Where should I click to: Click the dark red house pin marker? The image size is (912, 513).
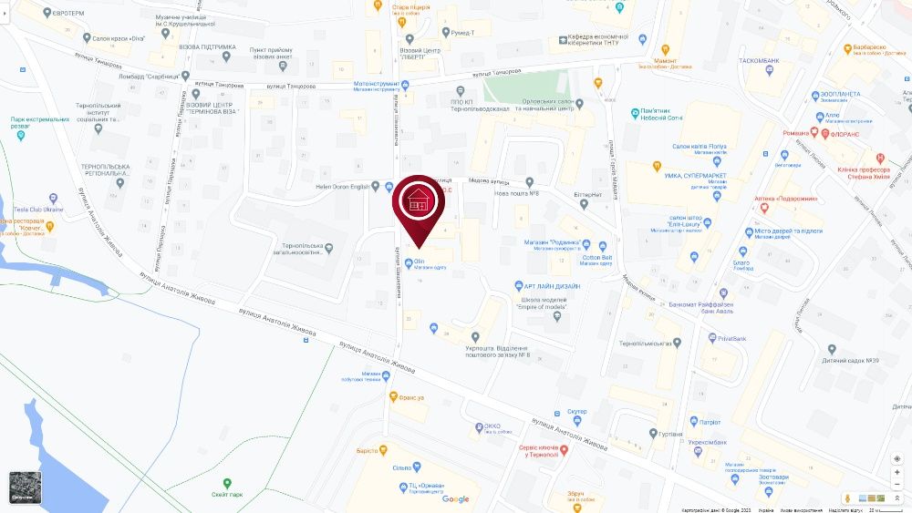click(420, 202)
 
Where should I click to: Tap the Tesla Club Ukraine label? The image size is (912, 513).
click(38, 210)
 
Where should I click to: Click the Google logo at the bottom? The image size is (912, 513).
click(456, 498)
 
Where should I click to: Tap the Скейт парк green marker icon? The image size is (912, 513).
click(227, 483)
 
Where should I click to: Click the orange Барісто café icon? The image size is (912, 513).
click(384, 450)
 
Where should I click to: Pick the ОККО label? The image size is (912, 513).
click(492, 426)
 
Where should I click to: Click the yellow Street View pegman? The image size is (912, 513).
click(849, 498)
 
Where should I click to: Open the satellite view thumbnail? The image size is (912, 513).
click(25, 487)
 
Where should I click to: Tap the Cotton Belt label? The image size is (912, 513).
click(597, 258)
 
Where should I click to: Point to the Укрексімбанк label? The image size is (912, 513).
click(706, 442)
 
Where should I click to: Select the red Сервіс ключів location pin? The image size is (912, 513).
click(564, 450)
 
